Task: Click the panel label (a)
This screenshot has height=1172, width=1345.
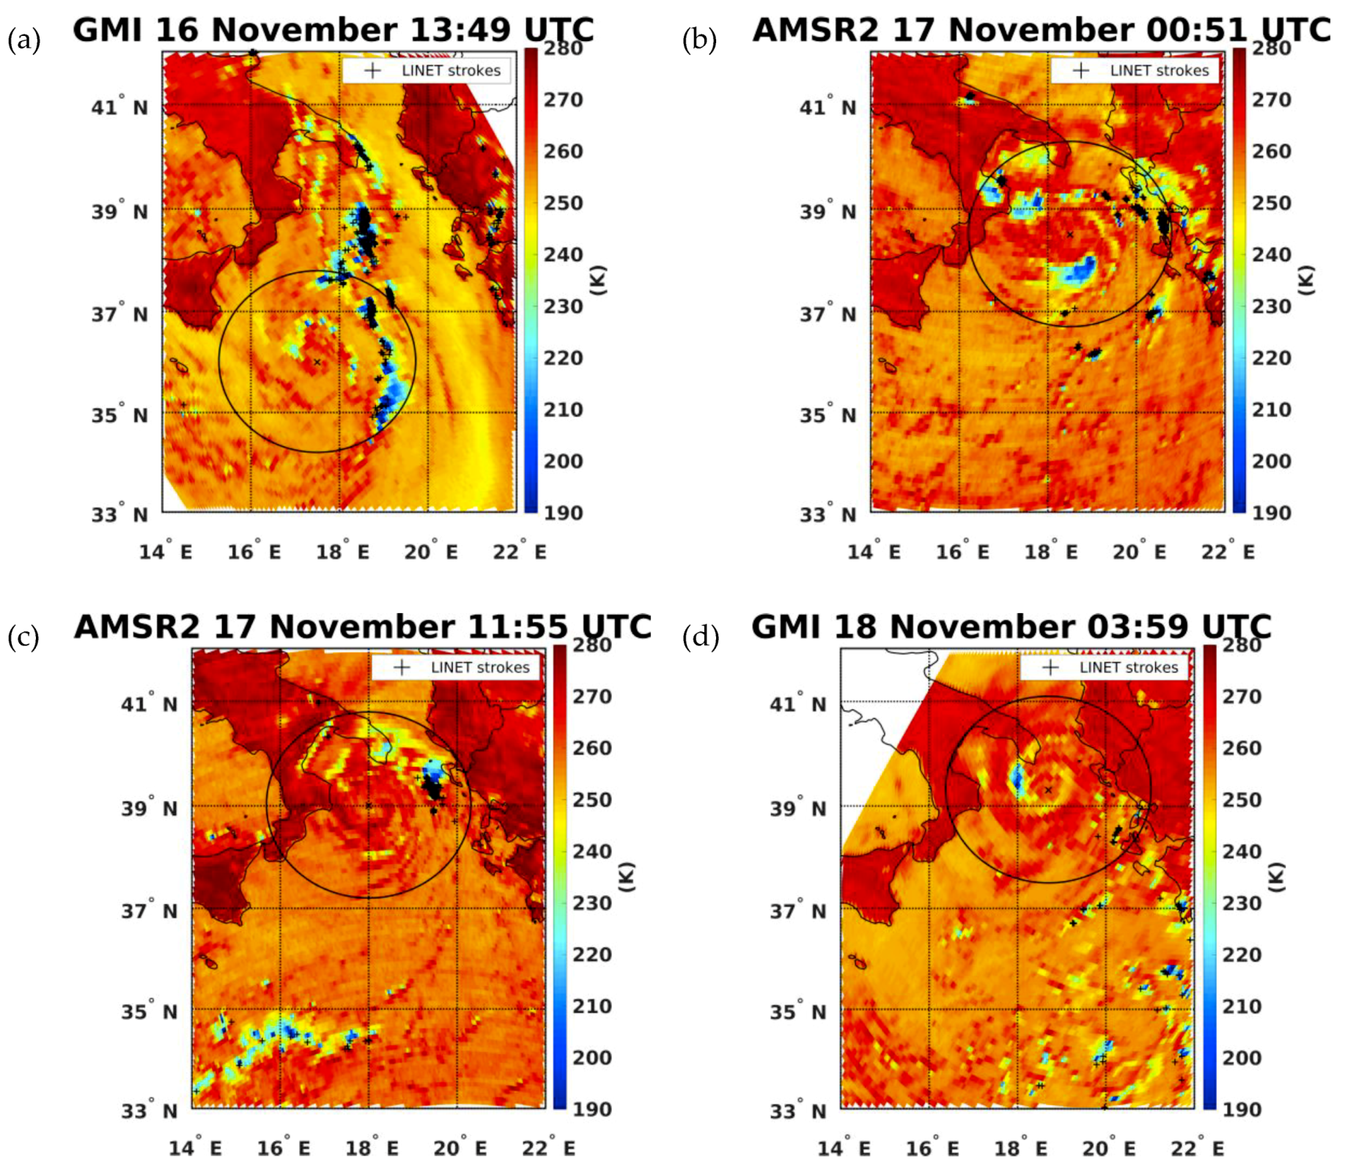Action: [23, 40]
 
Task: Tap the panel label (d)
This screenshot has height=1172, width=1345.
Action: [701, 637]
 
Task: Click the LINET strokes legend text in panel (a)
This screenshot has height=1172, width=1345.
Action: [451, 70]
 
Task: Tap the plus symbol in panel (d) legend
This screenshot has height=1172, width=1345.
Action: [1050, 667]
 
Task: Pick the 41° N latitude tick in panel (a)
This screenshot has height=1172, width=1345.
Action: [119, 107]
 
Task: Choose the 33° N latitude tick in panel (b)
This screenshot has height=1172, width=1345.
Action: [828, 514]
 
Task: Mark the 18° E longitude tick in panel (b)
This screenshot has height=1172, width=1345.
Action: [1050, 552]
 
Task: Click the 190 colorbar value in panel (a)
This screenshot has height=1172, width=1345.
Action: [563, 513]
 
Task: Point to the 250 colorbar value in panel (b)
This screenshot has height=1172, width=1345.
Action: [1271, 203]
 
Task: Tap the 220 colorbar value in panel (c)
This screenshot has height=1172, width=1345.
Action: [592, 954]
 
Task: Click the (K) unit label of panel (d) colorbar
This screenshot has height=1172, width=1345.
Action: [1278, 877]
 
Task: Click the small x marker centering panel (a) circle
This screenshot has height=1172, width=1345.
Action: [317, 362]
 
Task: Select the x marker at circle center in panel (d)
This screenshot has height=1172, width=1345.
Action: [1048, 790]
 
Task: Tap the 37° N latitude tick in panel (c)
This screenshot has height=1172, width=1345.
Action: [150, 910]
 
